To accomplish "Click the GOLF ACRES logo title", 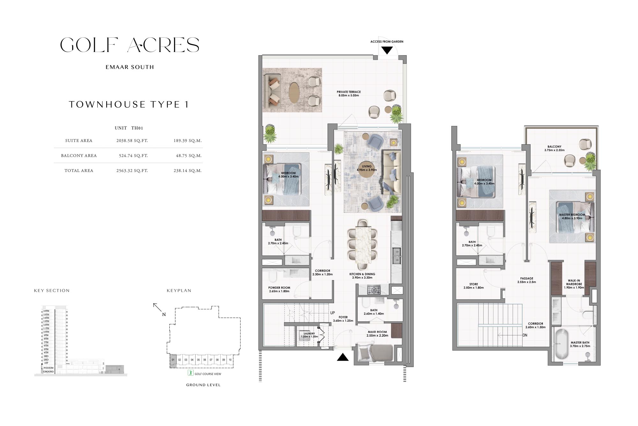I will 130,45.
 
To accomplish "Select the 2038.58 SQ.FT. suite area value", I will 132,141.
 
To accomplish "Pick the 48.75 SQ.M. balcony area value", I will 188,156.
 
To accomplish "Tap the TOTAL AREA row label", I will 79,171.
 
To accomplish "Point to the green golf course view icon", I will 190,373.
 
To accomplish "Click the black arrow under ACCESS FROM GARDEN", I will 387,50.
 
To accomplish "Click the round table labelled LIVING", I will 367,168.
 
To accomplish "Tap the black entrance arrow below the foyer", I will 343,357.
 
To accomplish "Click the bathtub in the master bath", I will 561,345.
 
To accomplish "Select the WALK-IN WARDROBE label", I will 574,284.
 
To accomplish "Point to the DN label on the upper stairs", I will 525,335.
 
